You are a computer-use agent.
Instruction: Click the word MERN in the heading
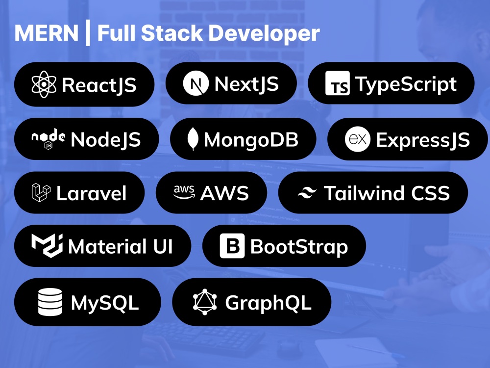46,33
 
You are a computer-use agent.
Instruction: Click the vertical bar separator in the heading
88,32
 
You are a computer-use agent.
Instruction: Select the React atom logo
44,84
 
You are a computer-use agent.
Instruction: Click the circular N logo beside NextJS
196,83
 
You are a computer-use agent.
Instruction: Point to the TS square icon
338,83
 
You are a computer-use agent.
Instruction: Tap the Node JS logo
49,139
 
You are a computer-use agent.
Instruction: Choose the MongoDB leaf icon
193,139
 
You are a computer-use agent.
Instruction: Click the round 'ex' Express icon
358,139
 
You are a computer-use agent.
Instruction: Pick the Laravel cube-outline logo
41,192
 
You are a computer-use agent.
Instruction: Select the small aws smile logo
184,192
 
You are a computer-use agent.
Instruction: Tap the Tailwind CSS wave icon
307,192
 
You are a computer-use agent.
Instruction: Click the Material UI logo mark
47,246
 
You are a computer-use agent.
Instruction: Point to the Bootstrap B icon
232,246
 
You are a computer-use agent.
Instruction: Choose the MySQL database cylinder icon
50,302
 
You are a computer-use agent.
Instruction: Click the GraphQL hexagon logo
205,302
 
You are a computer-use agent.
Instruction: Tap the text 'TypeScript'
406,84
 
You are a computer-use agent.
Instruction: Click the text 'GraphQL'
268,303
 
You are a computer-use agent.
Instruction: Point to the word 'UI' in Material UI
163,247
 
